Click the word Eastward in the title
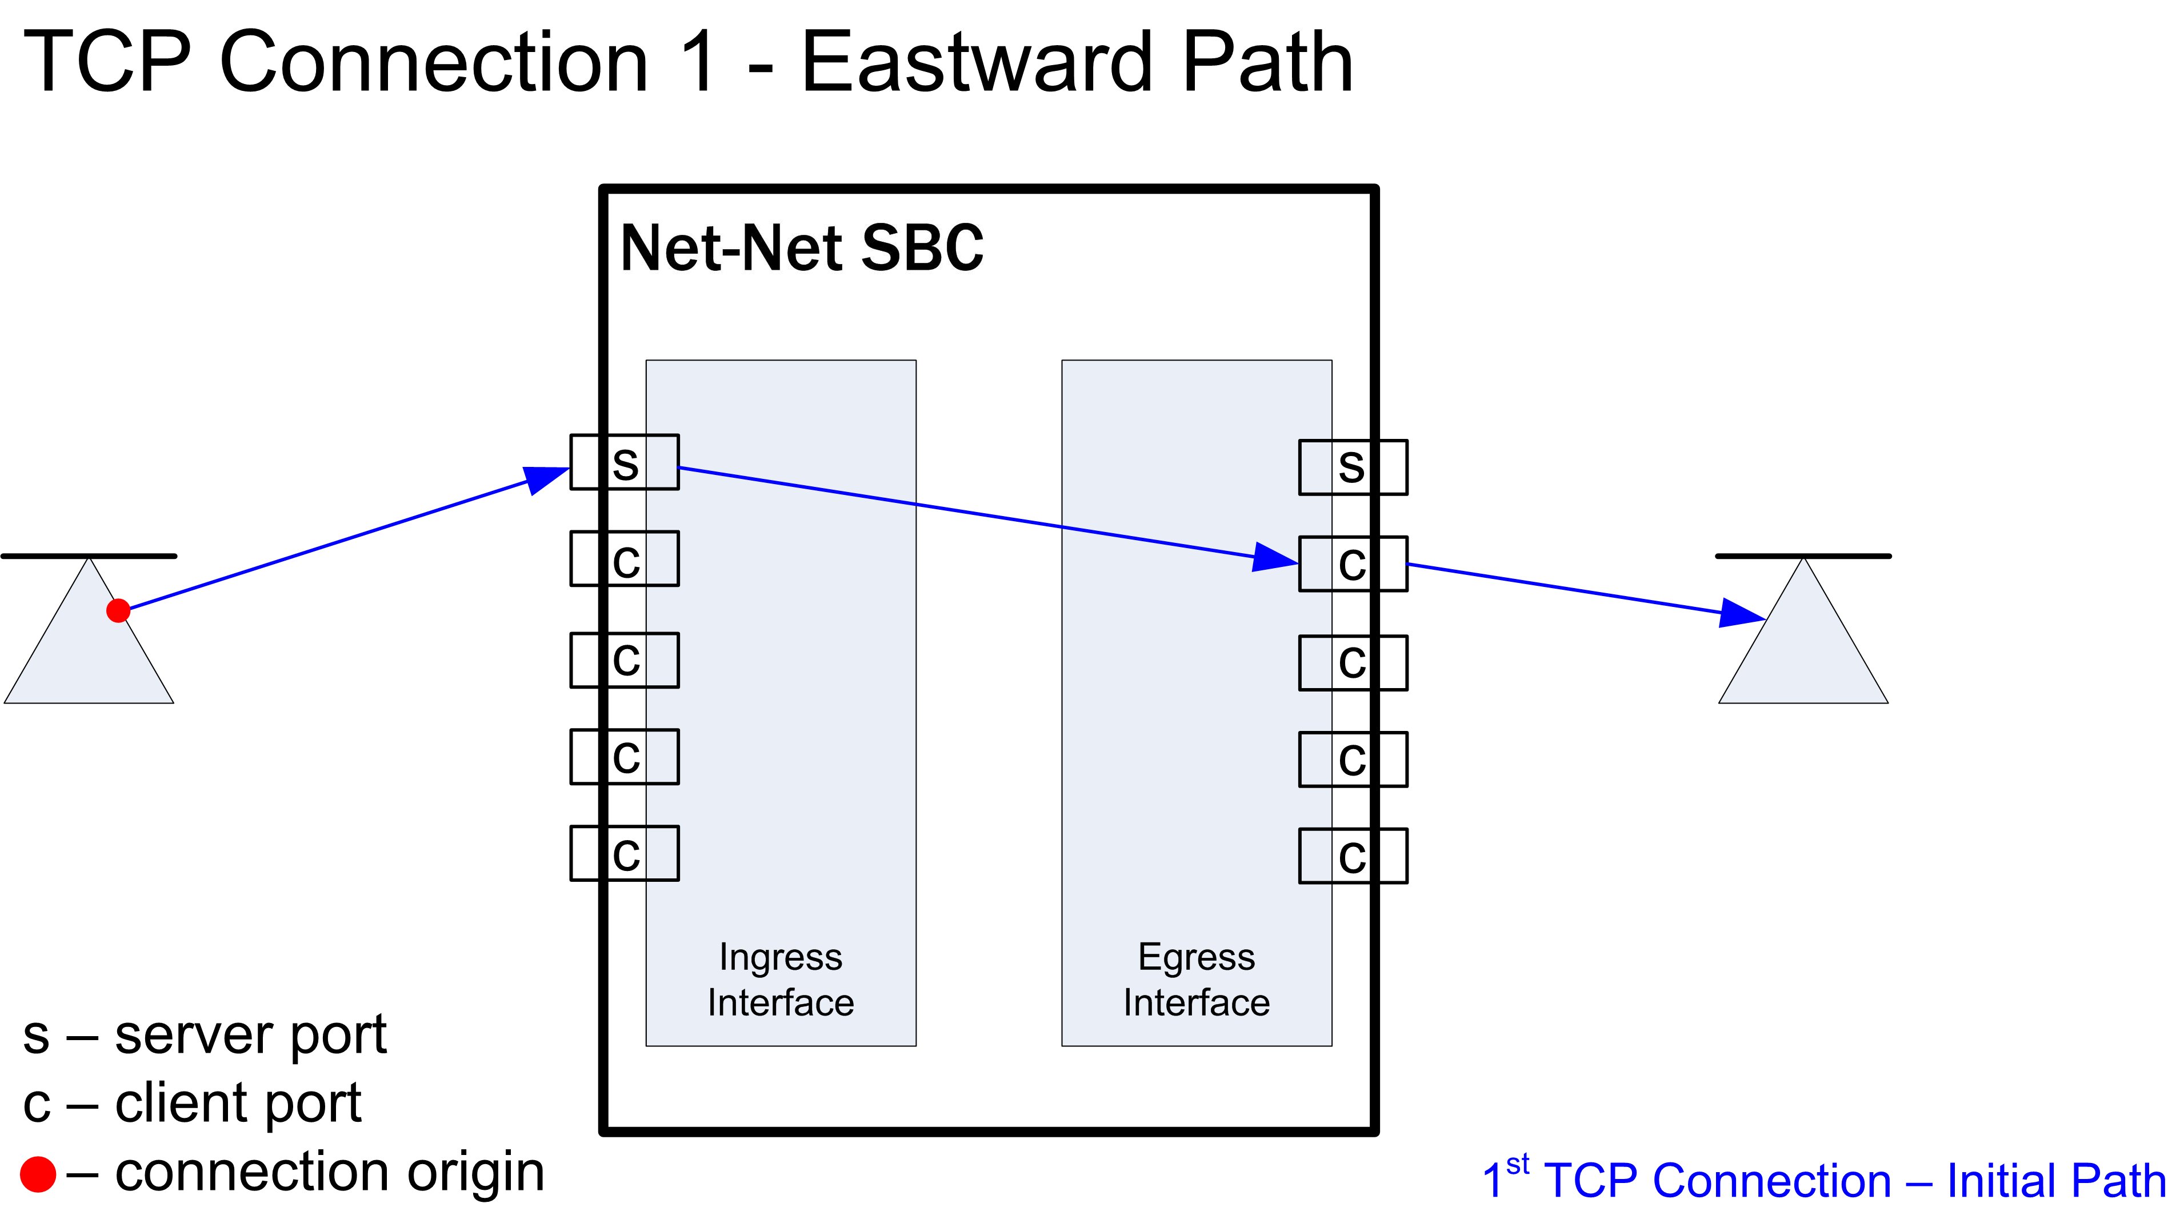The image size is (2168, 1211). (976, 63)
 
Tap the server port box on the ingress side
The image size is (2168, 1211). (625, 462)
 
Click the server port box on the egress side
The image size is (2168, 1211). (1353, 467)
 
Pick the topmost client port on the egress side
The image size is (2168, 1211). (1353, 564)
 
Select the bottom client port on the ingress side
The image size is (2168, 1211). (625, 853)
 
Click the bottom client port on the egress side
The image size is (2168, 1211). (1353, 856)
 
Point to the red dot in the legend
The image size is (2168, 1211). (38, 1174)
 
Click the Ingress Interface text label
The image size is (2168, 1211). (780, 980)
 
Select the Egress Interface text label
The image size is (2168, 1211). (1196, 980)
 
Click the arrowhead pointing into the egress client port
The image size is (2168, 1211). (1274, 557)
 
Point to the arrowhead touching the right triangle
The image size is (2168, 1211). (1741, 613)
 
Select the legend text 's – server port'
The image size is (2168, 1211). (205, 1034)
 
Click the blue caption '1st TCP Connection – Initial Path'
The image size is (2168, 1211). (1823, 1179)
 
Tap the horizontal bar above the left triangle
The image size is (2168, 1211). (89, 555)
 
